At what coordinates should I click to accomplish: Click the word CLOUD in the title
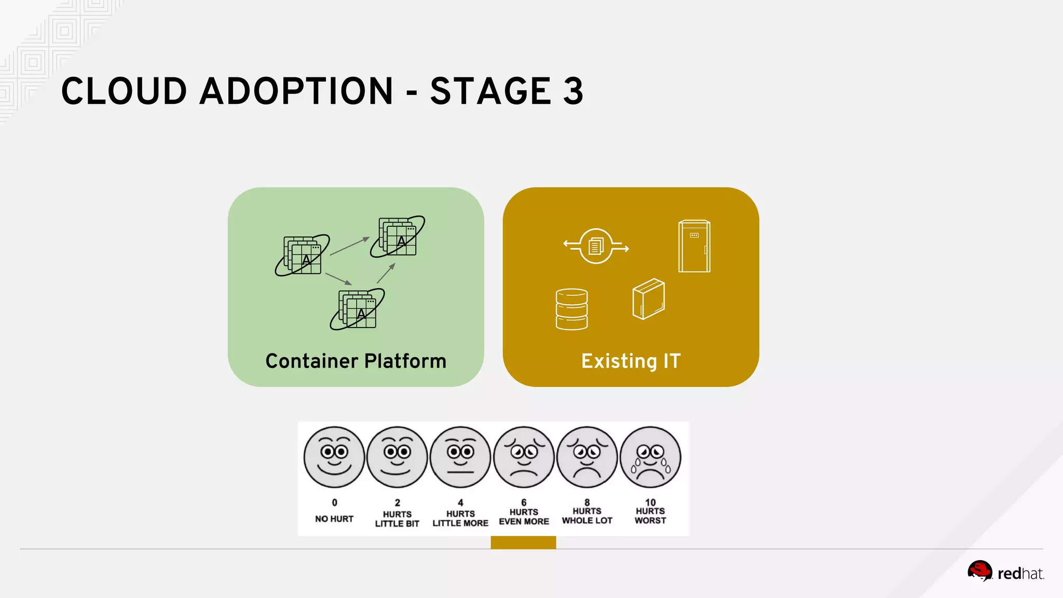click(124, 91)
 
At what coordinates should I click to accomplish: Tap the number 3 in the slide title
click(573, 91)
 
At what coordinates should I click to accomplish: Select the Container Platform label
click(356, 361)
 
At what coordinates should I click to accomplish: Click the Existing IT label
click(631, 361)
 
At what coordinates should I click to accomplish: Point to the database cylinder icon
click(571, 309)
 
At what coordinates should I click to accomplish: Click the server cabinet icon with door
click(694, 246)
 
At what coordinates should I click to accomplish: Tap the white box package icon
click(648, 299)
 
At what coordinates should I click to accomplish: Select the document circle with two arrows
click(596, 246)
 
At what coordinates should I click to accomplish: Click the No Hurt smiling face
click(334, 457)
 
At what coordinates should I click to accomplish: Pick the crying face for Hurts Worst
click(650, 457)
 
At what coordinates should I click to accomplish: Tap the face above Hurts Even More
click(524, 457)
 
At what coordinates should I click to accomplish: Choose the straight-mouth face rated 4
click(460, 457)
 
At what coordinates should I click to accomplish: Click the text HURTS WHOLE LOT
click(587, 516)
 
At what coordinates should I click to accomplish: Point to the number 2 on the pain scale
click(397, 502)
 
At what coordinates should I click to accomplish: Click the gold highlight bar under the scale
click(523, 542)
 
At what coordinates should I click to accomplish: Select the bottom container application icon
click(358, 309)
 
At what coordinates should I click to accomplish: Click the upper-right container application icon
click(398, 237)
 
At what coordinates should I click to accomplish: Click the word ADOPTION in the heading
click(296, 91)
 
